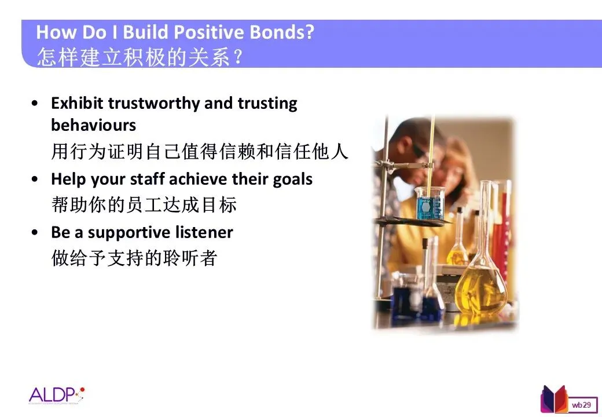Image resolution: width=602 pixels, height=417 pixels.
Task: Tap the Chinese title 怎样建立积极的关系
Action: click(134, 57)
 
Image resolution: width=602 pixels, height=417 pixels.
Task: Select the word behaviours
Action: click(94, 125)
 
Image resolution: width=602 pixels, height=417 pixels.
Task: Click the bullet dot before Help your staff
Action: click(35, 179)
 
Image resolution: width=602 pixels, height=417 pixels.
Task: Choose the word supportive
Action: click(129, 233)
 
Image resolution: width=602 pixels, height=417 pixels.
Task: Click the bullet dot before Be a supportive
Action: click(35, 232)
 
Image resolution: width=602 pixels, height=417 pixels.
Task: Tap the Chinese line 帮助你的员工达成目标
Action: click(144, 204)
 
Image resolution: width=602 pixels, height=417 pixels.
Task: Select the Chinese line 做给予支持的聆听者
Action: click(134, 258)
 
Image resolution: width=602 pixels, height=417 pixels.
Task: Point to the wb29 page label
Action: click(581, 405)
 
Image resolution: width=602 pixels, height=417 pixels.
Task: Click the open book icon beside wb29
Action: click(554, 400)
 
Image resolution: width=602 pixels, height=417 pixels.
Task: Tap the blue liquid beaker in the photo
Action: click(430, 204)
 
